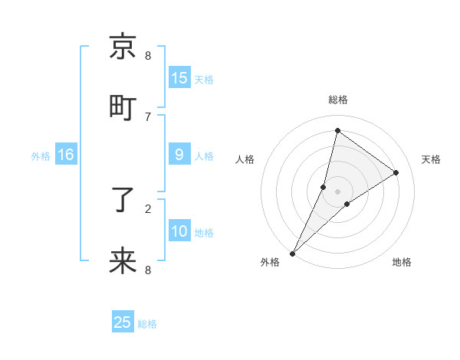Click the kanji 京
pos(123,47)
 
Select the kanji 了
pos(123,200)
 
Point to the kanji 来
pos(123,261)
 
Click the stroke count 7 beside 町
pos(148,116)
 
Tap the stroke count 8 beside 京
pos(148,55)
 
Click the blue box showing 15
pos(179,78)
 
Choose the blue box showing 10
pos(179,231)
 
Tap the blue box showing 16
pos(66,155)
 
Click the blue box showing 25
pos(123,322)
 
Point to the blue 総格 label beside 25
pos(147,324)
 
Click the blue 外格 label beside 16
pos(41,156)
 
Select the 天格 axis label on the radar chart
pos(431,159)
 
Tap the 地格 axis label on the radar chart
pos(402,262)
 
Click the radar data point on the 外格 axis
pos(292,254)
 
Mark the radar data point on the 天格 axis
pos(396,172)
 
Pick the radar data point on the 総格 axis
pos(337,130)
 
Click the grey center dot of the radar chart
pos(337,191)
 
